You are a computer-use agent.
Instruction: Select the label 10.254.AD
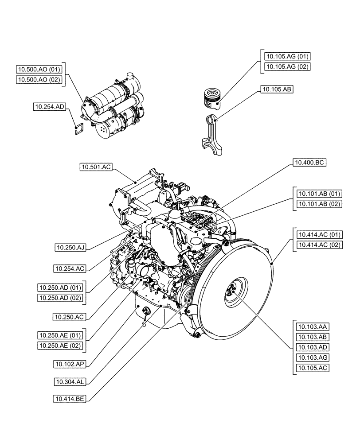tap(50, 106)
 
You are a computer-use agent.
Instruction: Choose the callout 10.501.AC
tap(96, 167)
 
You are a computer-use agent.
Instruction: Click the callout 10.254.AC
tap(68, 268)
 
